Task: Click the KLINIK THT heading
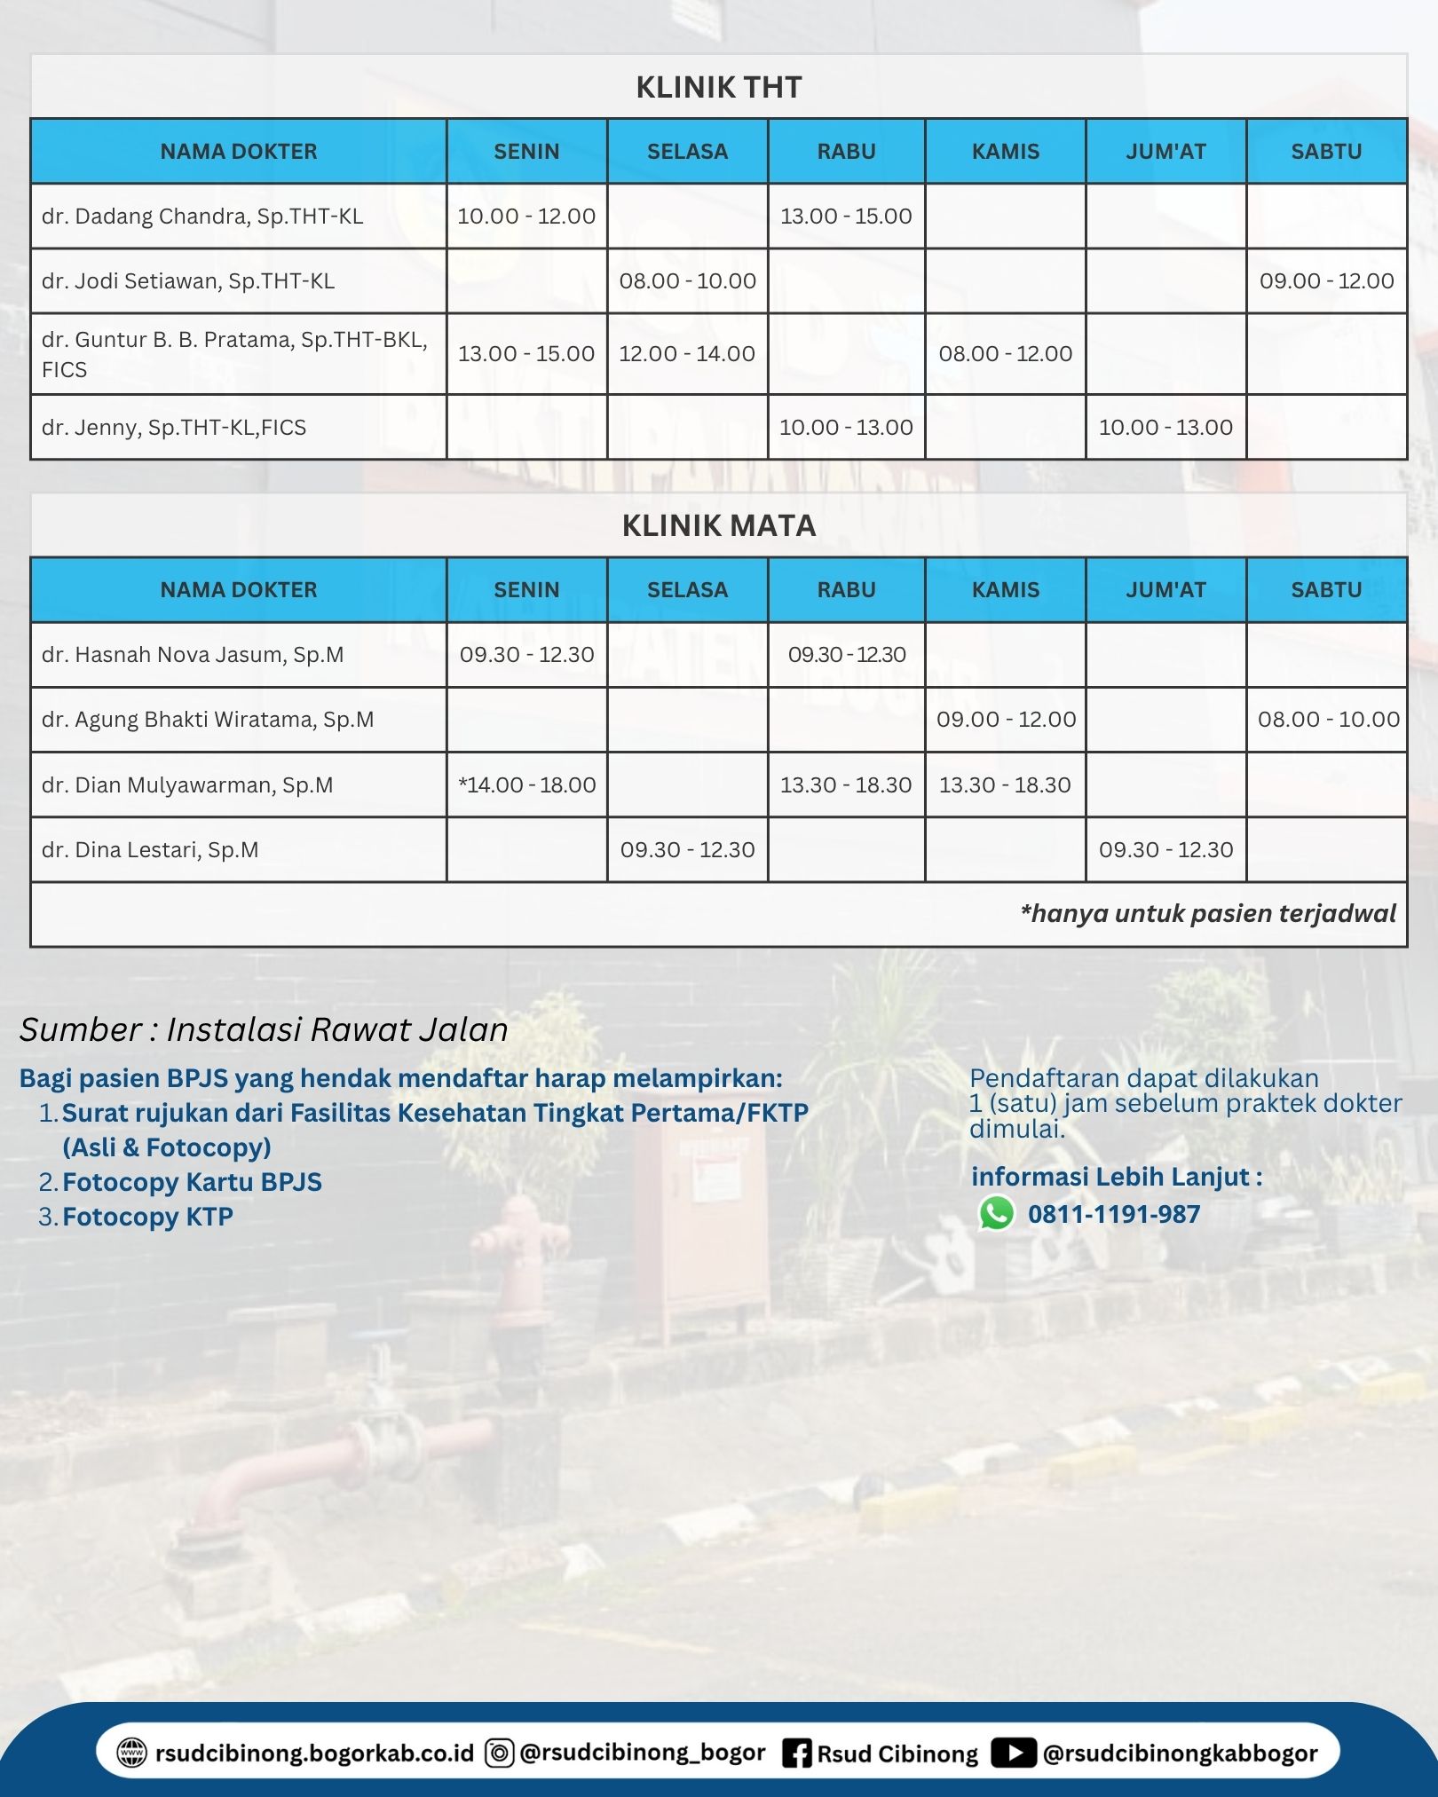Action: tap(718, 87)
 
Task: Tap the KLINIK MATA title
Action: tap(718, 525)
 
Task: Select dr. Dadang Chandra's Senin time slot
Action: tap(526, 216)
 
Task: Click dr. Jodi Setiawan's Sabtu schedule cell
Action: tap(1326, 280)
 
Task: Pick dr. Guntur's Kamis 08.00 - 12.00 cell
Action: tap(1005, 353)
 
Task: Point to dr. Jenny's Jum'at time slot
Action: tap(1165, 427)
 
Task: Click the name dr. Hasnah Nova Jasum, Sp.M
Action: tap(193, 655)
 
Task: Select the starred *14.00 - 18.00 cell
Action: tap(526, 784)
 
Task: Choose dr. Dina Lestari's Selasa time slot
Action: tap(687, 849)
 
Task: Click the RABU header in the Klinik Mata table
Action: tap(846, 590)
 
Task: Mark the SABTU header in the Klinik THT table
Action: tap(1326, 152)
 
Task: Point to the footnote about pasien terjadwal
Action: tap(1208, 913)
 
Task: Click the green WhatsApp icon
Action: tap(996, 1213)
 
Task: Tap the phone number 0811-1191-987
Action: tap(1114, 1214)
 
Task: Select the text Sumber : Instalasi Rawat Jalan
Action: tap(264, 1029)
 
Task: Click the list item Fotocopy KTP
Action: tap(147, 1216)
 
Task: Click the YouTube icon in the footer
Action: tap(1013, 1753)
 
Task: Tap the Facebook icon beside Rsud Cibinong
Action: tap(796, 1754)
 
